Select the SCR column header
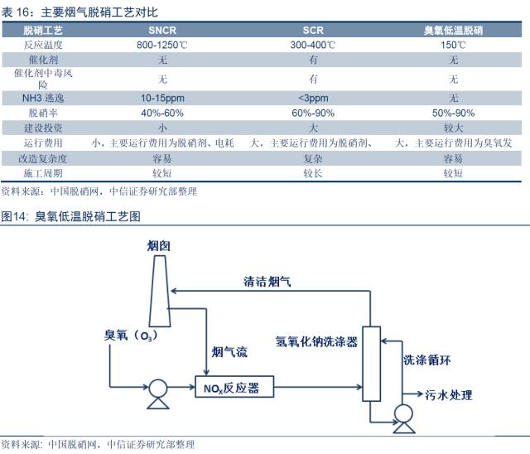(x=313, y=31)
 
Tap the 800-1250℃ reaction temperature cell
(x=162, y=46)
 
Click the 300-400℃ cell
(x=313, y=46)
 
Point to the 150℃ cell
(x=453, y=46)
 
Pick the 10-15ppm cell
(x=162, y=97)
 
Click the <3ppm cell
(x=313, y=97)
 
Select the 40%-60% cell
(x=162, y=113)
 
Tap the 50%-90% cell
(x=453, y=113)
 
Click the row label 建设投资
(x=45, y=128)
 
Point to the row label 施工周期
(x=45, y=173)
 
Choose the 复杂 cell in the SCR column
(x=313, y=158)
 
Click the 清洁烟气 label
(x=267, y=282)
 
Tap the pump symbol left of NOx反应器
(x=155, y=388)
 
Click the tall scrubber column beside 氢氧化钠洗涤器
(x=370, y=364)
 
